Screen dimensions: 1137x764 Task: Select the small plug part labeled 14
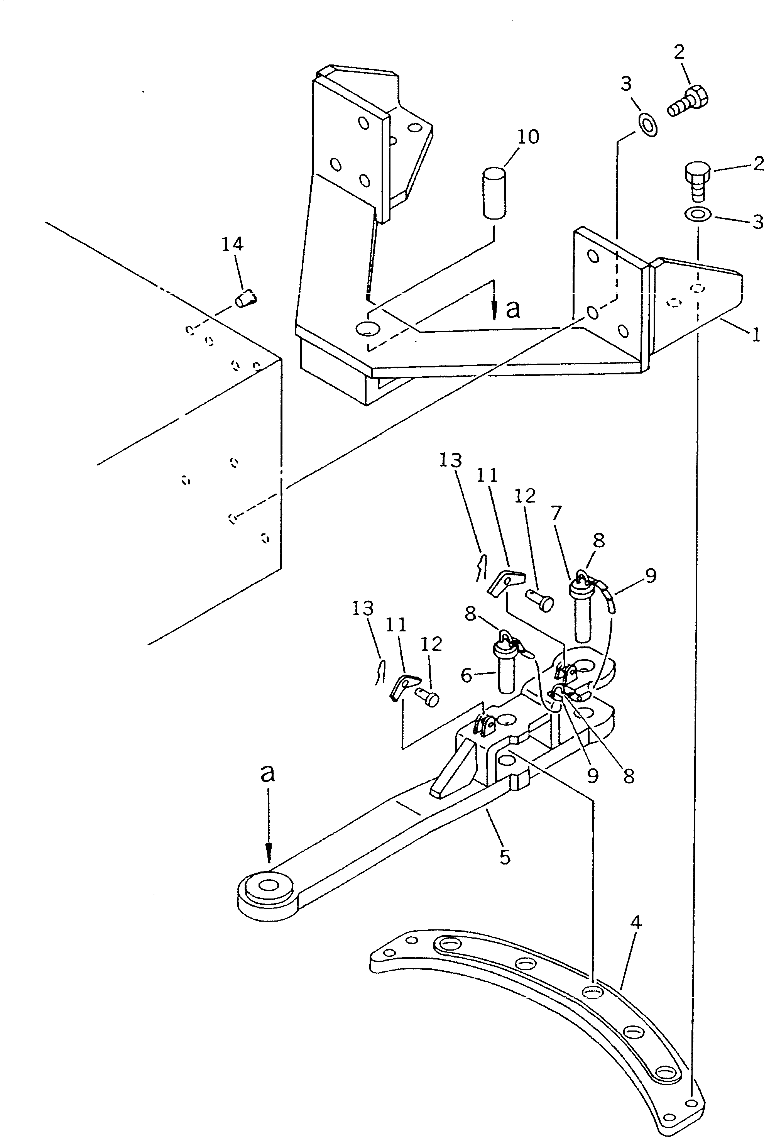(x=247, y=298)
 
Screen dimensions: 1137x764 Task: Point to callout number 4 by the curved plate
(x=636, y=922)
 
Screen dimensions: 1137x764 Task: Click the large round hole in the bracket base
(x=367, y=328)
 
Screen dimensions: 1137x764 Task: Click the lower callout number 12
(x=431, y=644)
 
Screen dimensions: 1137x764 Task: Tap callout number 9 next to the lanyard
(x=650, y=575)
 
